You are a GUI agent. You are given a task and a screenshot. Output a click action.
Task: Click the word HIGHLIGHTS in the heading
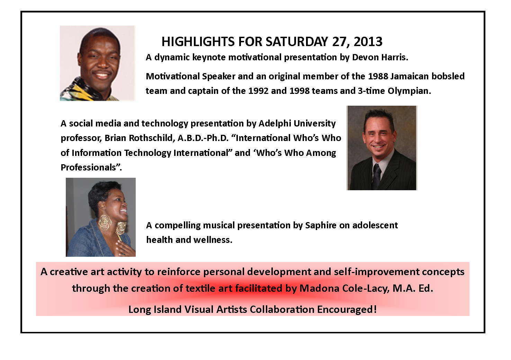click(198, 42)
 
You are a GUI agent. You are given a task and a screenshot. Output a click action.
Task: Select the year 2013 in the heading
click(368, 42)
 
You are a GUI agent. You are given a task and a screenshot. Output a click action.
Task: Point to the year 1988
click(378, 76)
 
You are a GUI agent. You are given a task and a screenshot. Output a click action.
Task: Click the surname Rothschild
click(151, 138)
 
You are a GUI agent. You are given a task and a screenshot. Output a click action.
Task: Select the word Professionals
click(89, 167)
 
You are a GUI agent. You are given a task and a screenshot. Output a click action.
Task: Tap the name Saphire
click(321, 225)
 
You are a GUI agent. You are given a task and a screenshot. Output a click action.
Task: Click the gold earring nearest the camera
click(105, 222)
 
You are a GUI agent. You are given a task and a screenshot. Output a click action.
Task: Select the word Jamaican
click(406, 76)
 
